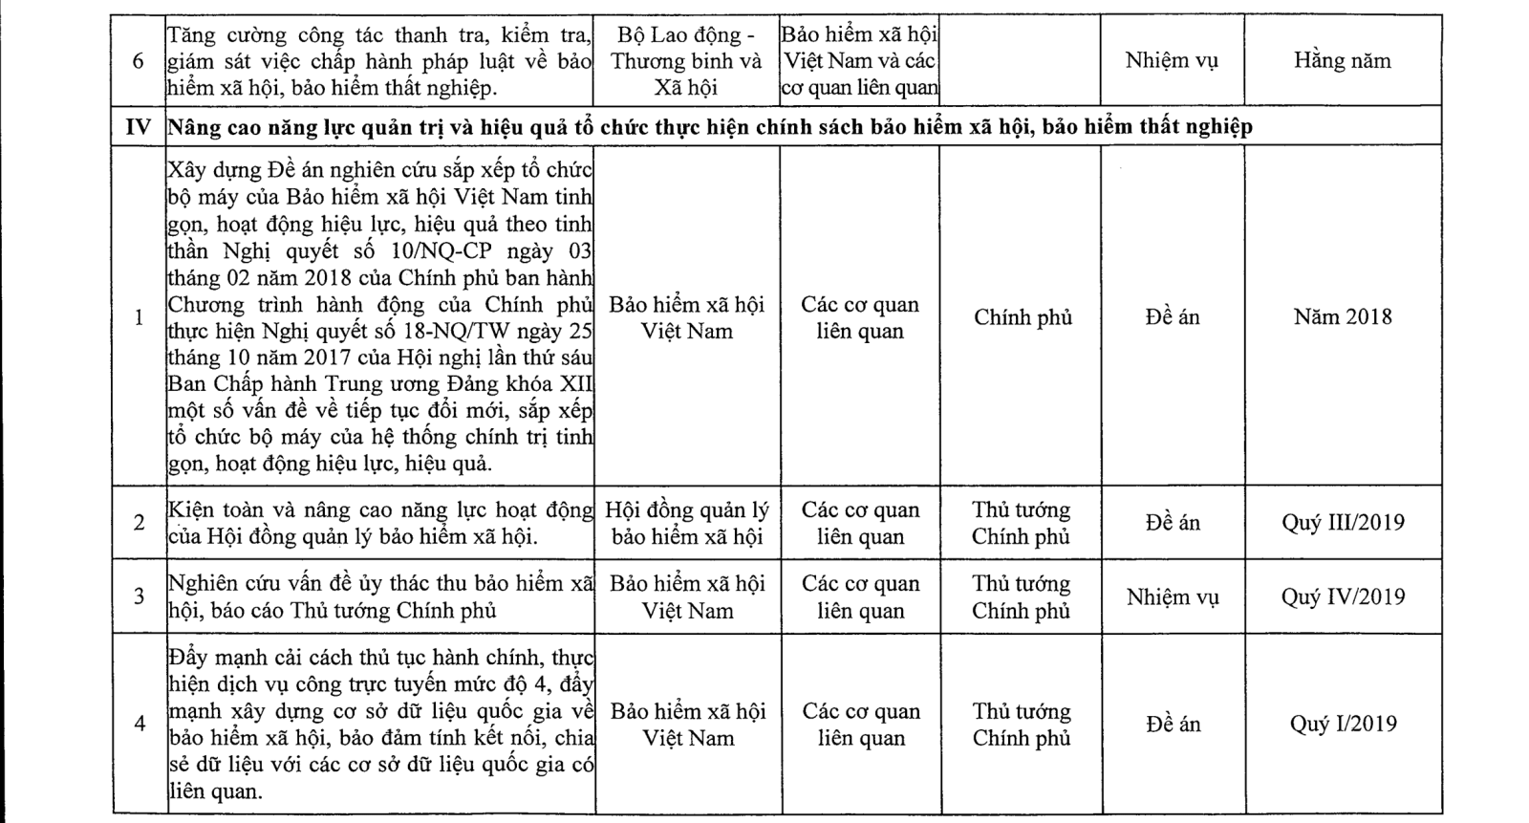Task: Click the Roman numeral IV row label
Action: click(139, 126)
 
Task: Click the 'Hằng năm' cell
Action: click(1343, 60)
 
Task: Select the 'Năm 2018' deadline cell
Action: click(1343, 317)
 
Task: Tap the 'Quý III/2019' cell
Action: click(1343, 523)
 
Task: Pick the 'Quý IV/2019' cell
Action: click(1343, 597)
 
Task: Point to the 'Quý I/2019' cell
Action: click(1343, 725)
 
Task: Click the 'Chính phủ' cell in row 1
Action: click(1023, 317)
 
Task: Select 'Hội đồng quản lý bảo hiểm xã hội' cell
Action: click(687, 523)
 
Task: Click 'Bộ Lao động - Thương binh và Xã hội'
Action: click(687, 61)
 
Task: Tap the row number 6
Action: click(139, 61)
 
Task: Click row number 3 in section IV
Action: click(139, 597)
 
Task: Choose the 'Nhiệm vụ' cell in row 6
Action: click(1172, 60)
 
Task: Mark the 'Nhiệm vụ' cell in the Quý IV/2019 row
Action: click(1172, 597)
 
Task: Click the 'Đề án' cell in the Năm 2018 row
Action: click(1172, 317)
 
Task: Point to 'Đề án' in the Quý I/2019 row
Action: click(1172, 725)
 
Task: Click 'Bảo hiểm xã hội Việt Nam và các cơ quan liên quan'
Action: click(860, 61)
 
